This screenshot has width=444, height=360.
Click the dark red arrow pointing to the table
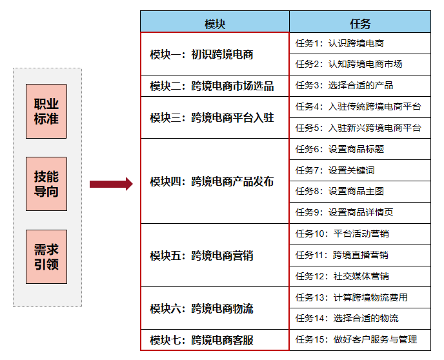(110, 185)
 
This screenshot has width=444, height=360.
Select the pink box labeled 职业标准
(46, 111)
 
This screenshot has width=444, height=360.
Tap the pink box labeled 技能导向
(46, 184)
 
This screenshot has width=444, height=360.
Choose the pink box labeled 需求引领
(46, 257)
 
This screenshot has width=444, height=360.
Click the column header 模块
(215, 24)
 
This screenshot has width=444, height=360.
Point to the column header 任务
(360, 24)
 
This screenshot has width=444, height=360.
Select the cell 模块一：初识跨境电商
(215, 54)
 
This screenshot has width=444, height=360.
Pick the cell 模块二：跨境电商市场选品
(215, 86)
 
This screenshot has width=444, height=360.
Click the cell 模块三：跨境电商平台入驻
(215, 117)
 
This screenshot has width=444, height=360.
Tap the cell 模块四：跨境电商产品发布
(215, 181)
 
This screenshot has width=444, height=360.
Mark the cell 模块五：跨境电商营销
(215, 255)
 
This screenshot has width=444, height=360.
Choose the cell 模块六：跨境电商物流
(215, 308)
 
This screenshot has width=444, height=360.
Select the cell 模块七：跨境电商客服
(215, 339)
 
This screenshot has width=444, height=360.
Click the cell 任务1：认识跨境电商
(360, 44)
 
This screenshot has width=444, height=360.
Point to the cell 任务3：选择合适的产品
(360, 85)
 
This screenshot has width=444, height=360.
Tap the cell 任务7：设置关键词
(360, 170)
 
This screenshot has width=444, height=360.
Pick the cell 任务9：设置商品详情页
(360, 212)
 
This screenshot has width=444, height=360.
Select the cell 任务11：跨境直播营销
(360, 255)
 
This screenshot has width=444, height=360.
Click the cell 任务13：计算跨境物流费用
(360, 297)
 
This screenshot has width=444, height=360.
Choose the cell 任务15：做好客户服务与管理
(360, 339)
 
